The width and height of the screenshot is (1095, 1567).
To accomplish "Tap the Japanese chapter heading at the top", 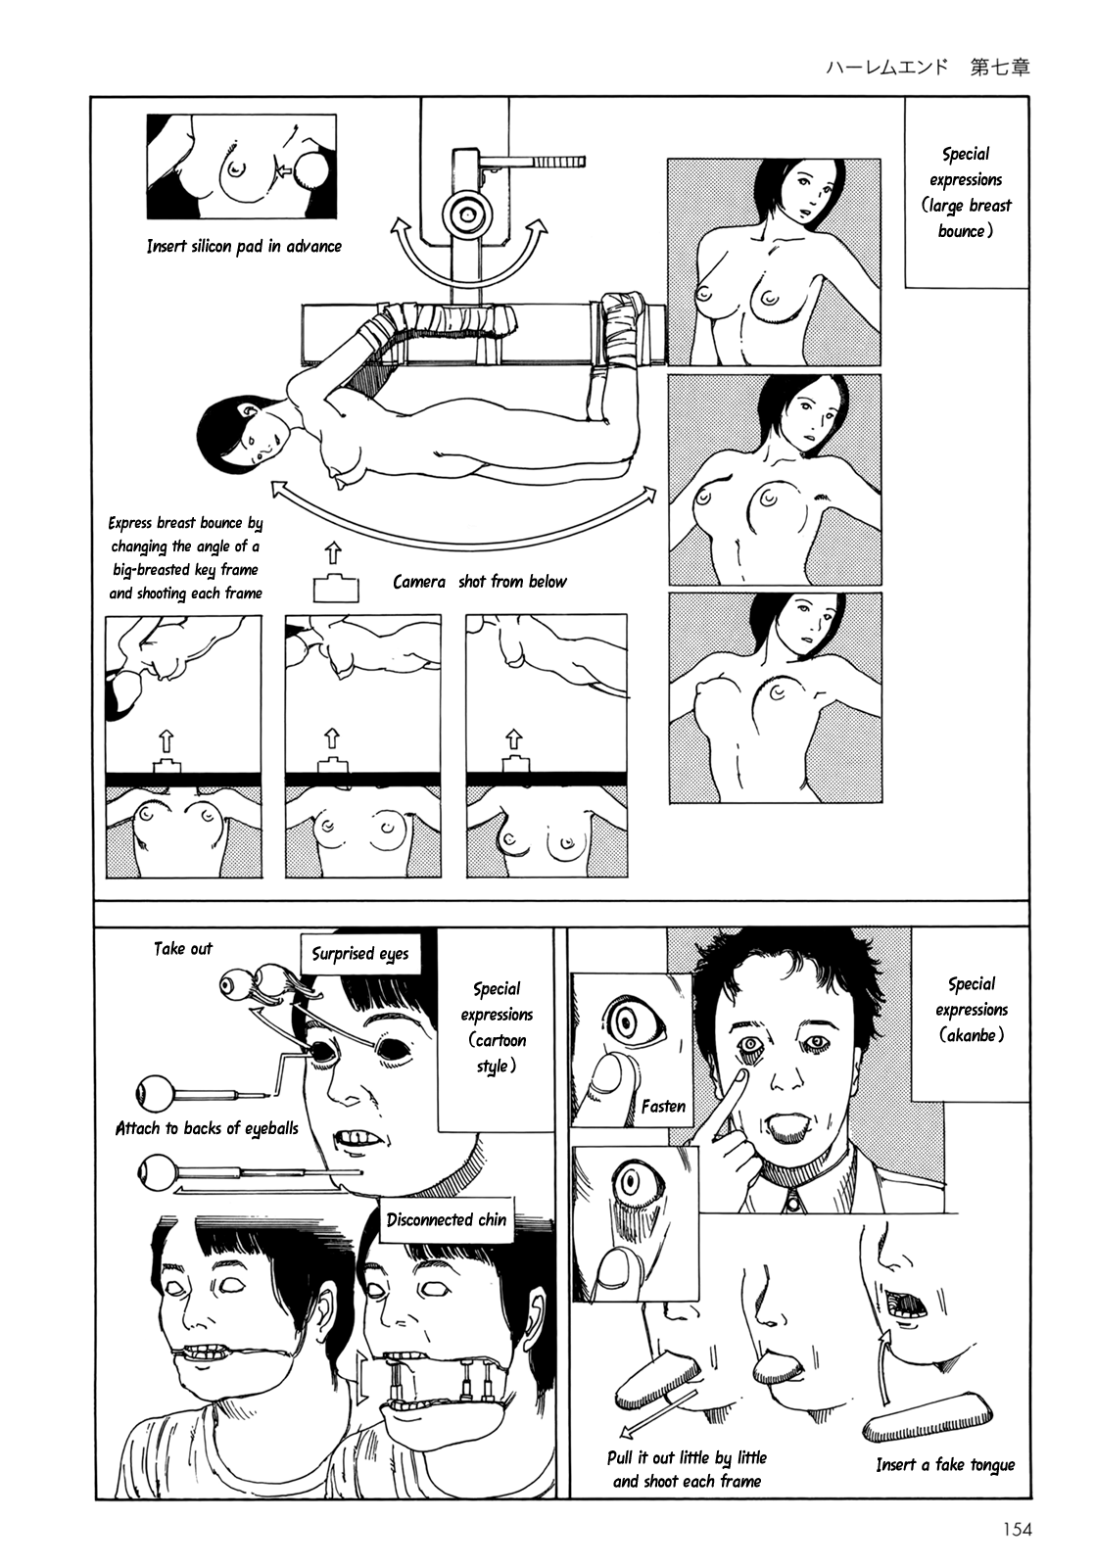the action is pyautogui.click(x=928, y=68).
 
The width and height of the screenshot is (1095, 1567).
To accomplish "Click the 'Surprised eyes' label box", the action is pyautogui.click(x=360, y=954).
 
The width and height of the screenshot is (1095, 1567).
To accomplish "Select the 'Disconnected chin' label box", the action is pyautogui.click(x=447, y=1219).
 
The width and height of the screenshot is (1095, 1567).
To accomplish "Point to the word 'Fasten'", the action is pyautogui.click(x=663, y=1106).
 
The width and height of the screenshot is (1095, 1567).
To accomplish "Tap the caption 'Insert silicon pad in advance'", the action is pyautogui.click(x=244, y=246).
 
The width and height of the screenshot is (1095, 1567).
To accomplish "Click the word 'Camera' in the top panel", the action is pyautogui.click(x=419, y=582).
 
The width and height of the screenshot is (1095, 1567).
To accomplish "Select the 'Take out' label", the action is pyautogui.click(x=182, y=949).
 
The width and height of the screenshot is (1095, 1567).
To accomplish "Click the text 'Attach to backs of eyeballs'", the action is pyautogui.click(x=207, y=1128).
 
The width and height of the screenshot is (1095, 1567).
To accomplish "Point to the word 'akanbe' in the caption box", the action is pyautogui.click(x=972, y=1035).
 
